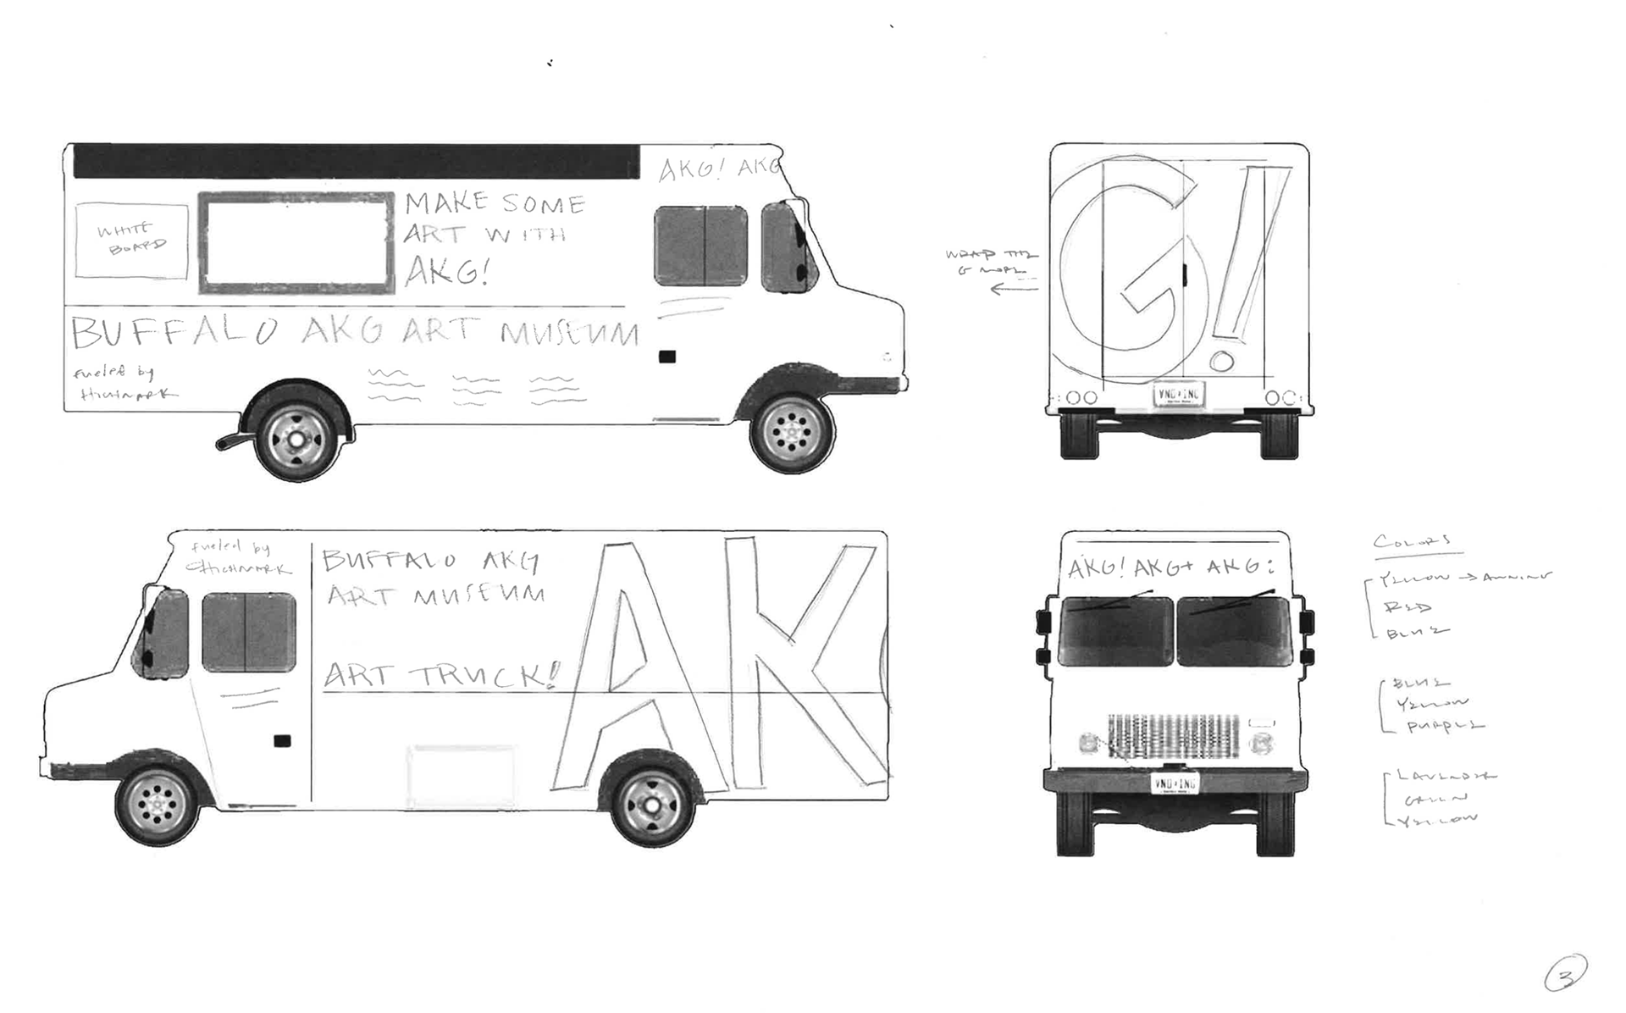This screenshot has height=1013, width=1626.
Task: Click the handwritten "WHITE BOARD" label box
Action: coord(131,240)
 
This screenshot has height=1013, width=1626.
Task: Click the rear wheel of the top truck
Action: coord(296,439)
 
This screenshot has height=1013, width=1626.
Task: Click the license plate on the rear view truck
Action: coord(1179,395)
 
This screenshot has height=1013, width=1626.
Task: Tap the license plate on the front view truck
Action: coord(1175,783)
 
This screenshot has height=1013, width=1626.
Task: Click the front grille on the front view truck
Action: coord(1173,736)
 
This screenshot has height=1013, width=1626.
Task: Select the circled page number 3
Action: coord(1565,974)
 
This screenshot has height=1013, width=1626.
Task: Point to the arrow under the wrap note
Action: coord(1013,290)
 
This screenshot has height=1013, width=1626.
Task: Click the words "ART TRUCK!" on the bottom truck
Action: coord(441,676)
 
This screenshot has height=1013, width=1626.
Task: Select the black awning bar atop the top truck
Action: coord(356,161)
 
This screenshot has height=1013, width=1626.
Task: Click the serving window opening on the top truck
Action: coord(296,242)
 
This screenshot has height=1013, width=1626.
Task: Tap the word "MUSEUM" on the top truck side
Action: coord(568,333)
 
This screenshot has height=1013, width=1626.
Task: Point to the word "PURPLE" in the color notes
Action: coord(1445,727)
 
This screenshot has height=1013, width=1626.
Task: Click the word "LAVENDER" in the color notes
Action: coord(1445,775)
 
